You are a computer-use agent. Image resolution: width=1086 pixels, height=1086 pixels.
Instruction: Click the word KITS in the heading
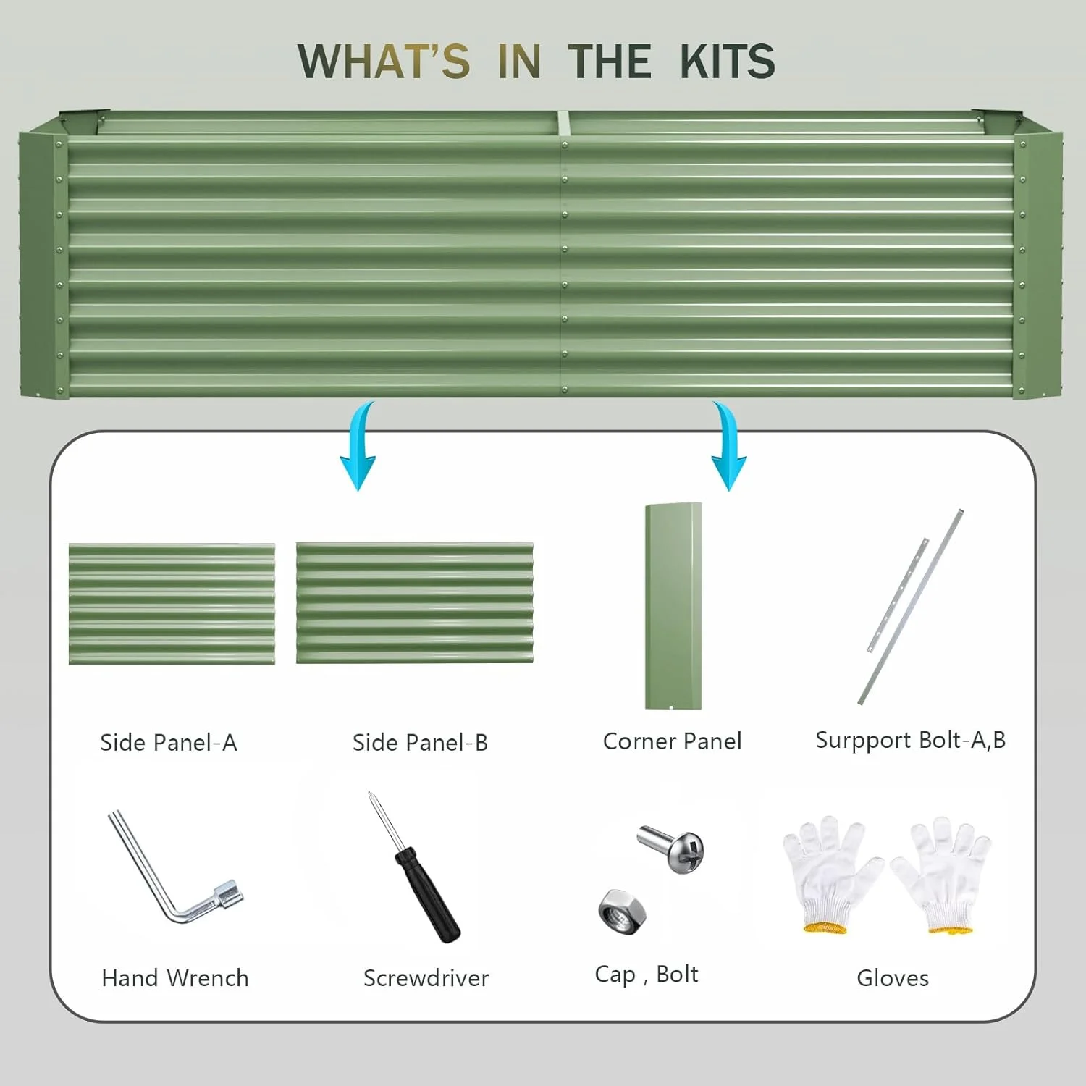728,61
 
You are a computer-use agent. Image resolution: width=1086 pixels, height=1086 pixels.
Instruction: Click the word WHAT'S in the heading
384,61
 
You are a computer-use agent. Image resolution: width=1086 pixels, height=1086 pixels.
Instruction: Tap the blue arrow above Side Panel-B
360,447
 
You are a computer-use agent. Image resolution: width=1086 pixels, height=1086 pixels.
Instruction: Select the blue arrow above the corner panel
728,447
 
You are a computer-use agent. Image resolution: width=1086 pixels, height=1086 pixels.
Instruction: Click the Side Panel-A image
172,604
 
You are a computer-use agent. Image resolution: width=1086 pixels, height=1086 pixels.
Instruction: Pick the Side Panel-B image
415,603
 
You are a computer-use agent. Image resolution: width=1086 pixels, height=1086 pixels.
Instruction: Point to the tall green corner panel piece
673,606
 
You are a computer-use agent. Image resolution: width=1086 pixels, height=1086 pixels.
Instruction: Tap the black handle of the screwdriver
427,895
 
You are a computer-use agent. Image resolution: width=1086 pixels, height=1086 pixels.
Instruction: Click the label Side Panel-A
169,743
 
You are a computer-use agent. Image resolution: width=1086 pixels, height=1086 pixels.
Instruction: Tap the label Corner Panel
673,741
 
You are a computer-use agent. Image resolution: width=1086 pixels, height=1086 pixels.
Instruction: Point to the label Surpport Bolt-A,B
911,741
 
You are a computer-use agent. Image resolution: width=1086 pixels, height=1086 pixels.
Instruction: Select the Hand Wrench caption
175,978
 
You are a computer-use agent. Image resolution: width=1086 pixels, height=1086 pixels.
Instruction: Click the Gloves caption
893,978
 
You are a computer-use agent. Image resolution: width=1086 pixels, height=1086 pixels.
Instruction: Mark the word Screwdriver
426,978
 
